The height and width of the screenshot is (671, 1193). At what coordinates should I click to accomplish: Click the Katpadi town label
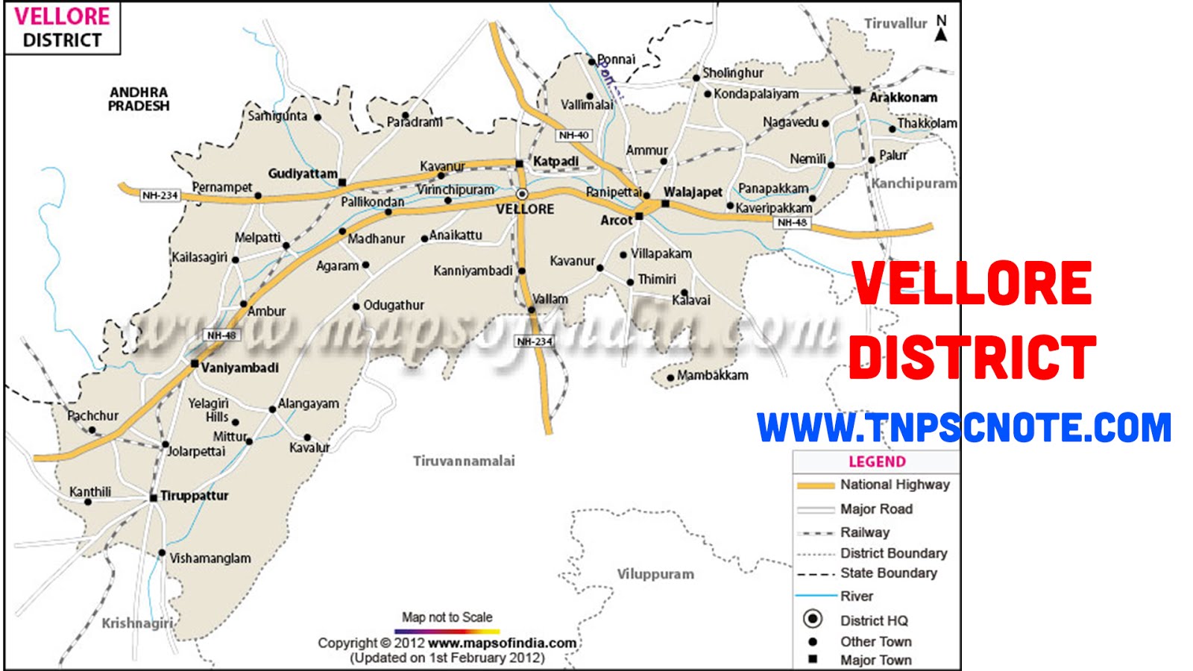tap(555, 161)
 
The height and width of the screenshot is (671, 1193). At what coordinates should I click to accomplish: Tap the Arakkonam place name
tap(903, 97)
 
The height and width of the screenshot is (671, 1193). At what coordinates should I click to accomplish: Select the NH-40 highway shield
tap(573, 135)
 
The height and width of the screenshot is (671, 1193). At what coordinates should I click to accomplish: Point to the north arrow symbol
tap(941, 29)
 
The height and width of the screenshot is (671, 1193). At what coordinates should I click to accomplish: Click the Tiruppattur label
tap(194, 496)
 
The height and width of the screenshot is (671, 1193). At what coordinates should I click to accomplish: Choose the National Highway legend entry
tap(895, 485)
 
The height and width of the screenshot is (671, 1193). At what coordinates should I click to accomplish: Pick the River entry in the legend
tap(856, 596)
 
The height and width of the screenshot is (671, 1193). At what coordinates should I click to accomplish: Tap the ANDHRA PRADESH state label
tap(139, 99)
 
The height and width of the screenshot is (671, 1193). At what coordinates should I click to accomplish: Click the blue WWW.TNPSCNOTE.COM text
tap(963, 428)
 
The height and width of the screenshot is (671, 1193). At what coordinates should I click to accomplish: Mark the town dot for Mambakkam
tap(670, 377)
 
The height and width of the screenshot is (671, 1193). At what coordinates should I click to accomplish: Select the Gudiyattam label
tap(303, 174)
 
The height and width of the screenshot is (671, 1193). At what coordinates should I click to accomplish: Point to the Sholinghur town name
tap(733, 73)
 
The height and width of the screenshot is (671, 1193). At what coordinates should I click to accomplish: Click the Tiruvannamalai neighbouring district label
tap(464, 461)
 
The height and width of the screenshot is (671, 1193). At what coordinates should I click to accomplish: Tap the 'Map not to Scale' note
tap(447, 617)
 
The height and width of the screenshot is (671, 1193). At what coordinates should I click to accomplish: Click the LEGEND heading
tap(877, 461)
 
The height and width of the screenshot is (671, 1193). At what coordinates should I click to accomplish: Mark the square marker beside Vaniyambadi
tap(195, 364)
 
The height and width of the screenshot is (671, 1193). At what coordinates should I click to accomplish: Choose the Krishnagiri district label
tap(137, 623)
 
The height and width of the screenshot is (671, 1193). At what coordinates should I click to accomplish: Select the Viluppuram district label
tap(655, 574)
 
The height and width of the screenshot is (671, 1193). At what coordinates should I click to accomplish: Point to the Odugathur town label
tap(394, 305)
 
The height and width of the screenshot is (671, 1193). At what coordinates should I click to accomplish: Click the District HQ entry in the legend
tap(874, 620)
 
